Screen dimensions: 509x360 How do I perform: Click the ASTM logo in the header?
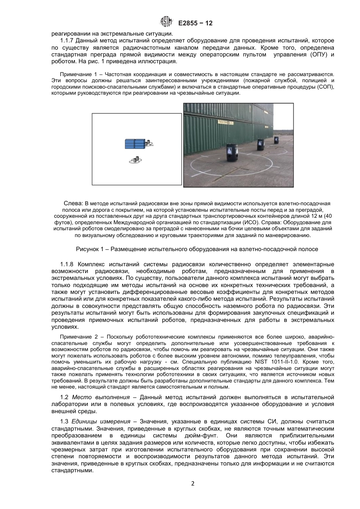[167, 22]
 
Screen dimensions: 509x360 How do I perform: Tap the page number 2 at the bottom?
[193, 484]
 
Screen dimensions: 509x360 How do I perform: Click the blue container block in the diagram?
[135, 144]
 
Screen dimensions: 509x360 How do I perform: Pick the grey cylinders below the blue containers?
[137, 160]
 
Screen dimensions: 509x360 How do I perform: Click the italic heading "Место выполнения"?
[101, 397]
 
